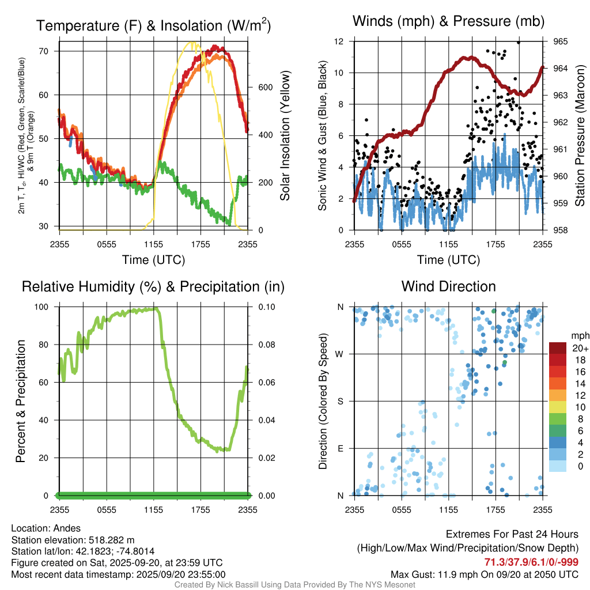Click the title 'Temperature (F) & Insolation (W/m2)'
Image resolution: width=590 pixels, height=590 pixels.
point(153,25)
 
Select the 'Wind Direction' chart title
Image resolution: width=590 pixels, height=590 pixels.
point(448,286)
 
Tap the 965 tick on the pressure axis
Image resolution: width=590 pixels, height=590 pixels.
point(561,41)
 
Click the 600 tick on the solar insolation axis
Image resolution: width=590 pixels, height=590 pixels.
point(264,88)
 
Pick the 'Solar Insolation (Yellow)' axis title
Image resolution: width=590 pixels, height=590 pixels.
point(285,136)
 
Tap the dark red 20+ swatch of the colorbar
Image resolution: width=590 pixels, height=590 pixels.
point(558,348)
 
